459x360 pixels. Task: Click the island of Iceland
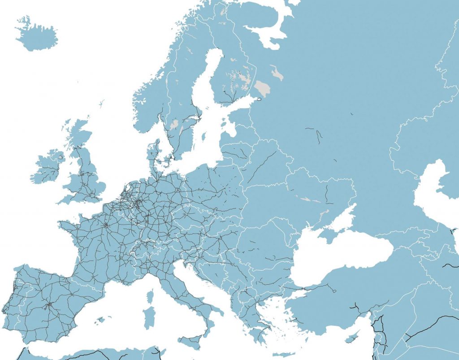click(x=38, y=35)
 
